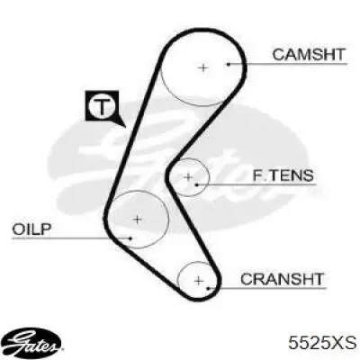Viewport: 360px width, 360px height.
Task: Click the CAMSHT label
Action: (x=309, y=55)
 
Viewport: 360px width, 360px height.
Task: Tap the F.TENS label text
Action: (x=283, y=175)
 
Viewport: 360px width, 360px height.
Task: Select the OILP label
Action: (x=31, y=229)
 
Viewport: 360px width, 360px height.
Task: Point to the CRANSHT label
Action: (x=282, y=279)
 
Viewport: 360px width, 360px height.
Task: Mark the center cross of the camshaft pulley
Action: (x=203, y=67)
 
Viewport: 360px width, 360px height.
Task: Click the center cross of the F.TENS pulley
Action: (x=188, y=177)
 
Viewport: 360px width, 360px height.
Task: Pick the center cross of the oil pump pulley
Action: (x=138, y=220)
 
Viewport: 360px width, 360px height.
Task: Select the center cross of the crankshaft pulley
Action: (x=199, y=281)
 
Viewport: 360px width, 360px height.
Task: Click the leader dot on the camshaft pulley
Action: (x=229, y=64)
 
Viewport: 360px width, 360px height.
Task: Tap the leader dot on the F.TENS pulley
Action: (x=197, y=184)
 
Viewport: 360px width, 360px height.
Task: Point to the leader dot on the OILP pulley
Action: (x=130, y=238)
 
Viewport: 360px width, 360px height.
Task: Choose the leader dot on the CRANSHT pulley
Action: (x=208, y=289)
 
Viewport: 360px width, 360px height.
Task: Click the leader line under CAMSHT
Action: (x=288, y=64)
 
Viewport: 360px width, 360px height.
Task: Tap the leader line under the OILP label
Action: (x=71, y=238)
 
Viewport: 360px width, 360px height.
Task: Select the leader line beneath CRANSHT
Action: (x=267, y=289)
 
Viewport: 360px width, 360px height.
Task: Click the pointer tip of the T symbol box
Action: (x=125, y=127)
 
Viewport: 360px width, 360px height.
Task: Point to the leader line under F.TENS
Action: (x=256, y=184)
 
